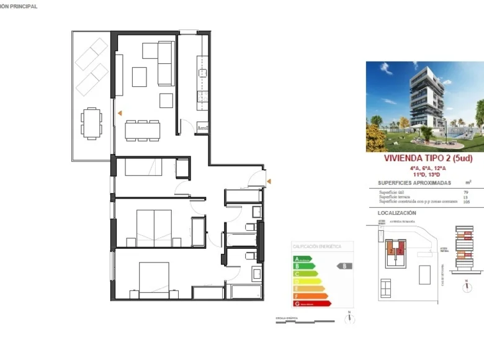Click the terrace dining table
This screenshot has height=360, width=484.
tap(92, 122)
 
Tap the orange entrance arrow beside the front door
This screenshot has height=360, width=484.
tap(269, 181)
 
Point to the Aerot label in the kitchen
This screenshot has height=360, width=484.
tap(202, 128)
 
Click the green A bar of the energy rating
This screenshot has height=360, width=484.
tap(302, 259)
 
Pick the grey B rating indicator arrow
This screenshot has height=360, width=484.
tap(344, 266)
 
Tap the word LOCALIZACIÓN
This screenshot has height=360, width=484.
tap(397, 213)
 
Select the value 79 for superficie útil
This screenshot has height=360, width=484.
tap(466, 193)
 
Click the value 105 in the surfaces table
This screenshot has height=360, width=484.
tap(466, 202)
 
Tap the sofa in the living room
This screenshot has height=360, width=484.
tap(166, 63)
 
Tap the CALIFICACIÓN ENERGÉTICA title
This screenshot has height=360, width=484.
tap(317, 246)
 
